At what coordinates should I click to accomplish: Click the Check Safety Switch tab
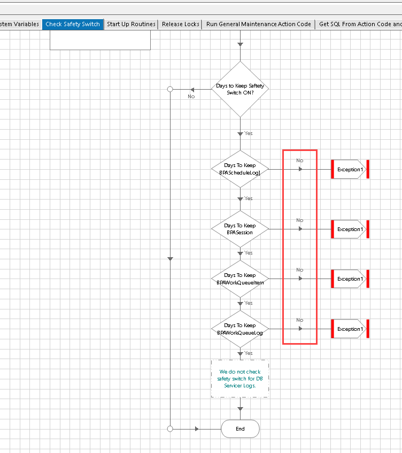(73, 24)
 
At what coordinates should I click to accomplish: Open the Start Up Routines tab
(131, 24)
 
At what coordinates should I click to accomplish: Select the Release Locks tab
(181, 24)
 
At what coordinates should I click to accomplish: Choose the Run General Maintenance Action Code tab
(258, 24)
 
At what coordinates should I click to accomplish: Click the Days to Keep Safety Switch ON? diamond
(240, 89)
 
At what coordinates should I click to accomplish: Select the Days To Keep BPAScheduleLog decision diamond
(240, 169)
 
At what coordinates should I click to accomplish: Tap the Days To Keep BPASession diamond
(240, 229)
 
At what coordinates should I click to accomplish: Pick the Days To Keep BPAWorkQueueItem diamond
(240, 279)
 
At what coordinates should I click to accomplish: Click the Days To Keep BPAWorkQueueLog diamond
(240, 329)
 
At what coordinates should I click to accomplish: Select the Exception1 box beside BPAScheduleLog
(350, 169)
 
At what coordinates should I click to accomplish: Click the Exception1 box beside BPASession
(350, 229)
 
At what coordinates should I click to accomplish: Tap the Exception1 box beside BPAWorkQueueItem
(350, 279)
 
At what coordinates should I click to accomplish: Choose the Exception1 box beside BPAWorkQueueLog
(350, 329)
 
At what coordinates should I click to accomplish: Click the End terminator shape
(240, 428)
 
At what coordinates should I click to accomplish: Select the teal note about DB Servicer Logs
(240, 378)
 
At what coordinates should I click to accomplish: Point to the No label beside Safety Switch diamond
(191, 97)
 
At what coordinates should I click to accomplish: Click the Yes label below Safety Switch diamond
(249, 133)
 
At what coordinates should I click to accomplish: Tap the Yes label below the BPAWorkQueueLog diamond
(249, 353)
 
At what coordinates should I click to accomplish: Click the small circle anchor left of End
(170, 428)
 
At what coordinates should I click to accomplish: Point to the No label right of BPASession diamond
(299, 220)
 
